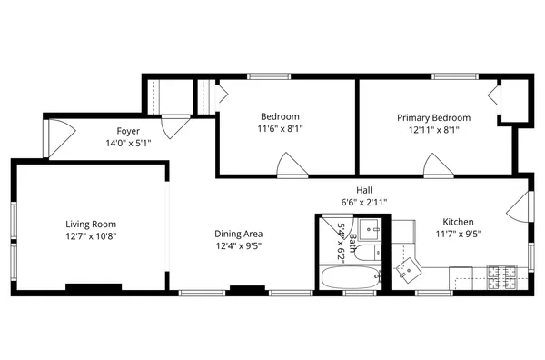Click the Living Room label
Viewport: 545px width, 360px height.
pyautogui.click(x=91, y=224)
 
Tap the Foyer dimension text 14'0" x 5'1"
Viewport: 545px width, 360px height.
pyautogui.click(x=127, y=143)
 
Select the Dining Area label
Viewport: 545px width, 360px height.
pyautogui.click(x=240, y=234)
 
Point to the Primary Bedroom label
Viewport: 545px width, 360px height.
pyautogui.click(x=433, y=117)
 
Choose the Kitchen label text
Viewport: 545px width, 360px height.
pyautogui.click(x=457, y=222)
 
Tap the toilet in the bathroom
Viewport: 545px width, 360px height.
pyautogui.click(x=370, y=252)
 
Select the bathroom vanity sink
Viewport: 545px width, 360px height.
pyautogui.click(x=370, y=227)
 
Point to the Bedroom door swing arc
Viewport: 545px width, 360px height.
pyautogui.click(x=291, y=165)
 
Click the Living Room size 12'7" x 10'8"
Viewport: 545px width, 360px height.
pyautogui.click(x=91, y=235)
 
